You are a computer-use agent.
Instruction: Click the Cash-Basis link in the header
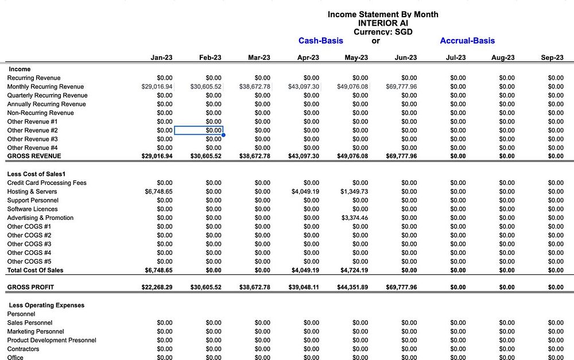(x=321, y=41)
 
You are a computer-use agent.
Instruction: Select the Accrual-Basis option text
(x=467, y=41)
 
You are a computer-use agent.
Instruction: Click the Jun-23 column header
(x=406, y=57)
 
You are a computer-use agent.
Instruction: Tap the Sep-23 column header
(x=552, y=57)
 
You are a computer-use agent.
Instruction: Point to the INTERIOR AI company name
(x=383, y=23)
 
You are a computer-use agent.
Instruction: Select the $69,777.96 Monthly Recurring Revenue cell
(x=401, y=87)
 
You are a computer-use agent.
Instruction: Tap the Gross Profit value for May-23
(x=352, y=287)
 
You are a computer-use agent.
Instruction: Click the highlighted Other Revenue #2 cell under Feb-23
(x=199, y=130)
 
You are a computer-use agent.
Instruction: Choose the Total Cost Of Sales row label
(x=35, y=270)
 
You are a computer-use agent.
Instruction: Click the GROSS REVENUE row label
(x=34, y=156)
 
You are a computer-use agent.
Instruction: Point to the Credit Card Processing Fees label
(x=46, y=183)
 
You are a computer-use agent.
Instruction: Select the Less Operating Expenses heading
(x=46, y=305)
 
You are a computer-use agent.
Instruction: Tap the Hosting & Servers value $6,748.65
(x=158, y=192)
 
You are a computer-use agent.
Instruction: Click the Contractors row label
(x=23, y=349)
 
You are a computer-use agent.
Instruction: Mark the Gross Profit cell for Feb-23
(x=205, y=287)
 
